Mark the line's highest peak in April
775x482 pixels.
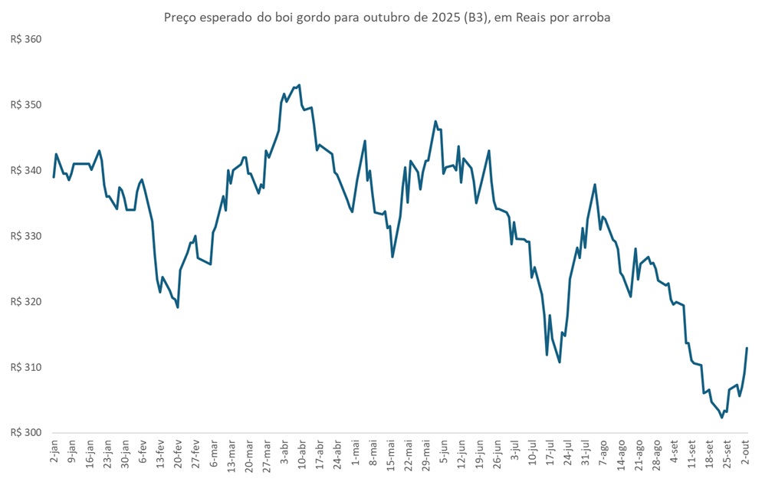coord(299,85)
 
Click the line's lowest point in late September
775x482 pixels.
coord(721,418)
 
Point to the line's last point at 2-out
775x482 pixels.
coord(747,348)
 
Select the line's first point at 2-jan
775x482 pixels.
coord(54,177)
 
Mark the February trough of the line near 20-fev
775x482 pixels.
coord(178,307)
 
